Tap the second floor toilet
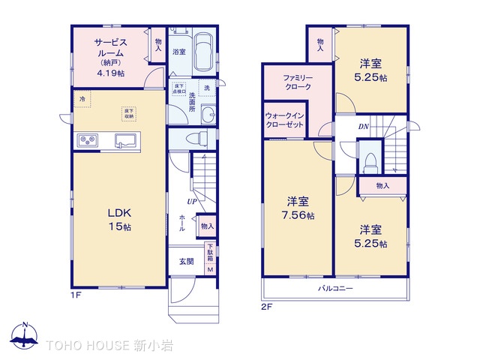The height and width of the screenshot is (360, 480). click(x=370, y=162)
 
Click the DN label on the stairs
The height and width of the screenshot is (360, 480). click(x=363, y=127)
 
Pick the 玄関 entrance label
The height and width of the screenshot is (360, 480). click(x=186, y=261)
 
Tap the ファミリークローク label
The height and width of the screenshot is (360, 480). click(x=298, y=82)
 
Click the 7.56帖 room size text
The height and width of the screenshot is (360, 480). click(x=299, y=216)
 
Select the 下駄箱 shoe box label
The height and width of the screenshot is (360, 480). click(x=211, y=255)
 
